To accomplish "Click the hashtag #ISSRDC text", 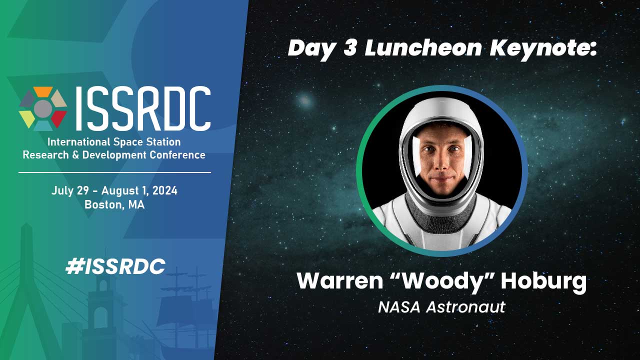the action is (115, 266).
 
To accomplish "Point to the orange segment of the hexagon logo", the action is (43, 92).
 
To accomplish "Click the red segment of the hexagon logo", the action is (59, 117).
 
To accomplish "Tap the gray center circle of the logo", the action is (43, 108).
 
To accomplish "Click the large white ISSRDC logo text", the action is (143, 108).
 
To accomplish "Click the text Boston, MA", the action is (114, 204).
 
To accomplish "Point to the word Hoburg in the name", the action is (543, 282).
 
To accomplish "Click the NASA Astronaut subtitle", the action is (441, 307).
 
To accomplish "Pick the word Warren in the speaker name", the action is (340, 281).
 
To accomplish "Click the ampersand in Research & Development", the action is (75, 155).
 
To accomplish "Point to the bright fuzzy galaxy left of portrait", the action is (305, 100).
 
